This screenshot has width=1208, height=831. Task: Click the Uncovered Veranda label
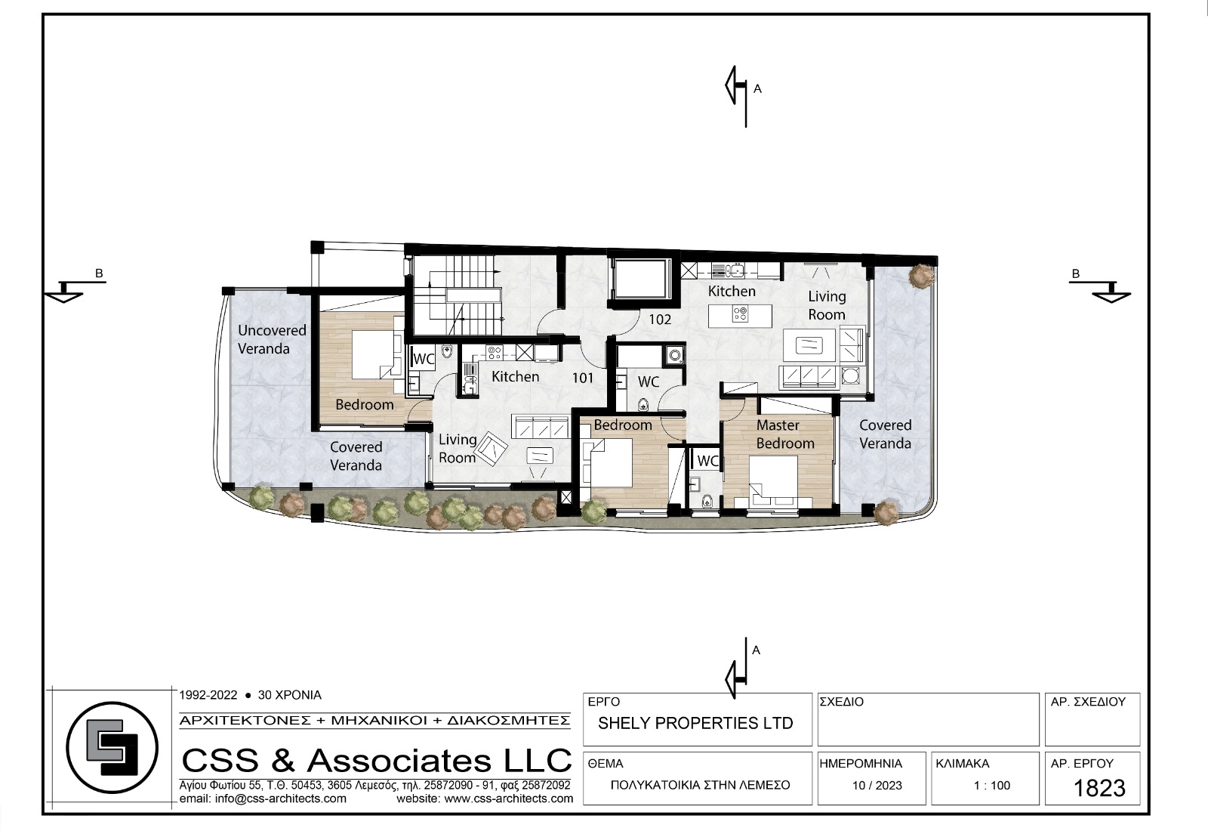[x=272, y=339]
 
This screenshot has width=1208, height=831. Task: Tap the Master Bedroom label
[x=784, y=434]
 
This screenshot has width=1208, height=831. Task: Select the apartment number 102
[x=660, y=320]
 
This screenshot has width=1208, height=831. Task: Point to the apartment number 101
[x=582, y=378]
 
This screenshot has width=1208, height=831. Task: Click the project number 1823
[x=1099, y=789]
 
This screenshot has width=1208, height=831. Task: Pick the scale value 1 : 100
[x=992, y=786]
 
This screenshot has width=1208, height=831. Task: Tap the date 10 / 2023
[x=877, y=786]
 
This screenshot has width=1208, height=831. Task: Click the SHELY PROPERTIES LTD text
[x=695, y=723]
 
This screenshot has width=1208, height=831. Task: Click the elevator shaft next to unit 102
[x=640, y=279]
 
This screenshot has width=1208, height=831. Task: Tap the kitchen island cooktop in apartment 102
[x=740, y=314]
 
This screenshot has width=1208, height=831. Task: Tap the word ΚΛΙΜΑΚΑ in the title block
[x=963, y=764]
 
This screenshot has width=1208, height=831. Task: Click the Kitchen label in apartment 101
[x=515, y=377]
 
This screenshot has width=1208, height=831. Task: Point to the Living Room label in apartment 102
[x=827, y=305]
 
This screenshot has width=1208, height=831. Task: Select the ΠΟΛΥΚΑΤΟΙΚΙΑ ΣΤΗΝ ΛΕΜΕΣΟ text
[x=700, y=786]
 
